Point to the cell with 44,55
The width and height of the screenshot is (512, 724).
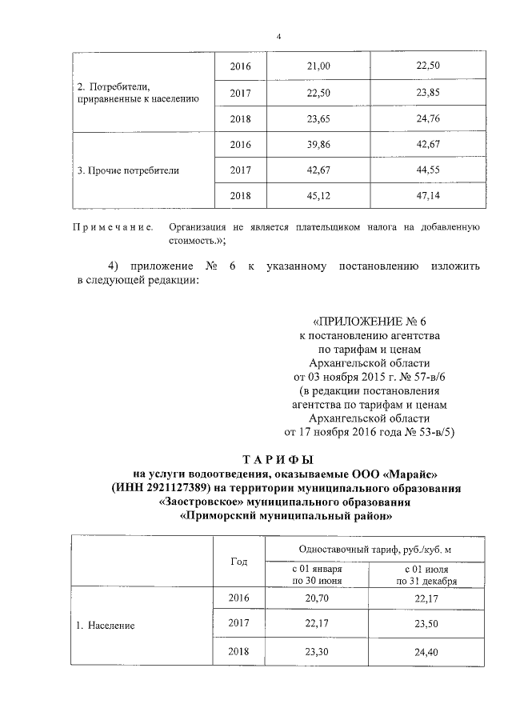click(x=428, y=170)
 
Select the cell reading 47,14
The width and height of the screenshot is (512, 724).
click(x=428, y=195)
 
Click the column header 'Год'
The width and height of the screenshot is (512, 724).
click(x=239, y=562)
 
